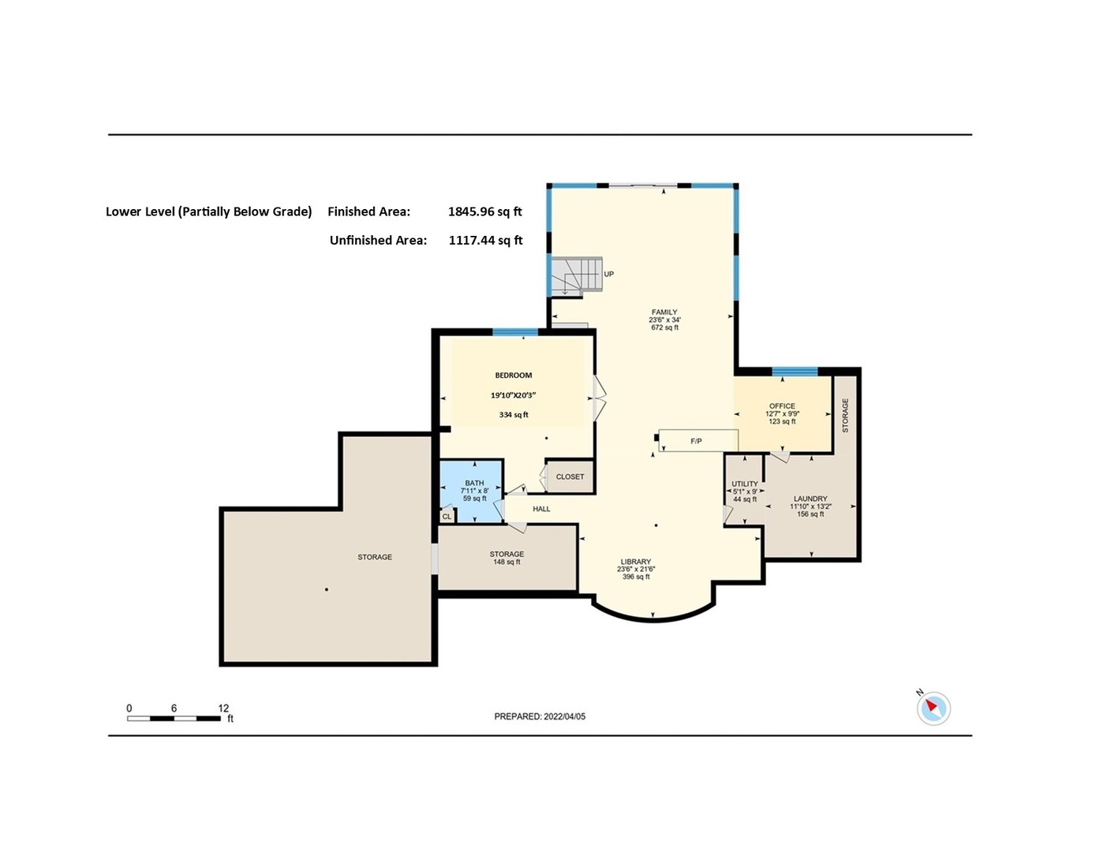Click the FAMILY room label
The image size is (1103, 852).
tap(664, 312)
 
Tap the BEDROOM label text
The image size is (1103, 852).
tap(514, 376)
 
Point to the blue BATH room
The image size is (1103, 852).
tap(472, 491)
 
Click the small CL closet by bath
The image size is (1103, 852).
tap(447, 517)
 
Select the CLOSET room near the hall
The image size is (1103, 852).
tap(570, 476)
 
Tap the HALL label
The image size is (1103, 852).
tap(541, 509)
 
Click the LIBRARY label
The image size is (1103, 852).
tap(635, 562)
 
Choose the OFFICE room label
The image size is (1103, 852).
tap(782, 406)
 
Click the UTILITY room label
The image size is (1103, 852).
tap(744, 484)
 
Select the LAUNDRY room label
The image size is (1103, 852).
tap(810, 499)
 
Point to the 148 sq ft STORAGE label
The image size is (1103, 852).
tap(507, 555)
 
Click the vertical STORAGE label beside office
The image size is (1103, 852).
tap(845, 415)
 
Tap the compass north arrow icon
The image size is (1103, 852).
tap(933, 708)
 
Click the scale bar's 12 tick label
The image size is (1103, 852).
tap(223, 708)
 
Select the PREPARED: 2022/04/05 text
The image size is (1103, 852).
tap(540, 716)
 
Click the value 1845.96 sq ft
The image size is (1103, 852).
tap(484, 211)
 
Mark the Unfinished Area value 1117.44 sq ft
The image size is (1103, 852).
tap(485, 240)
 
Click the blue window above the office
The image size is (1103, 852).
tap(795, 372)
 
